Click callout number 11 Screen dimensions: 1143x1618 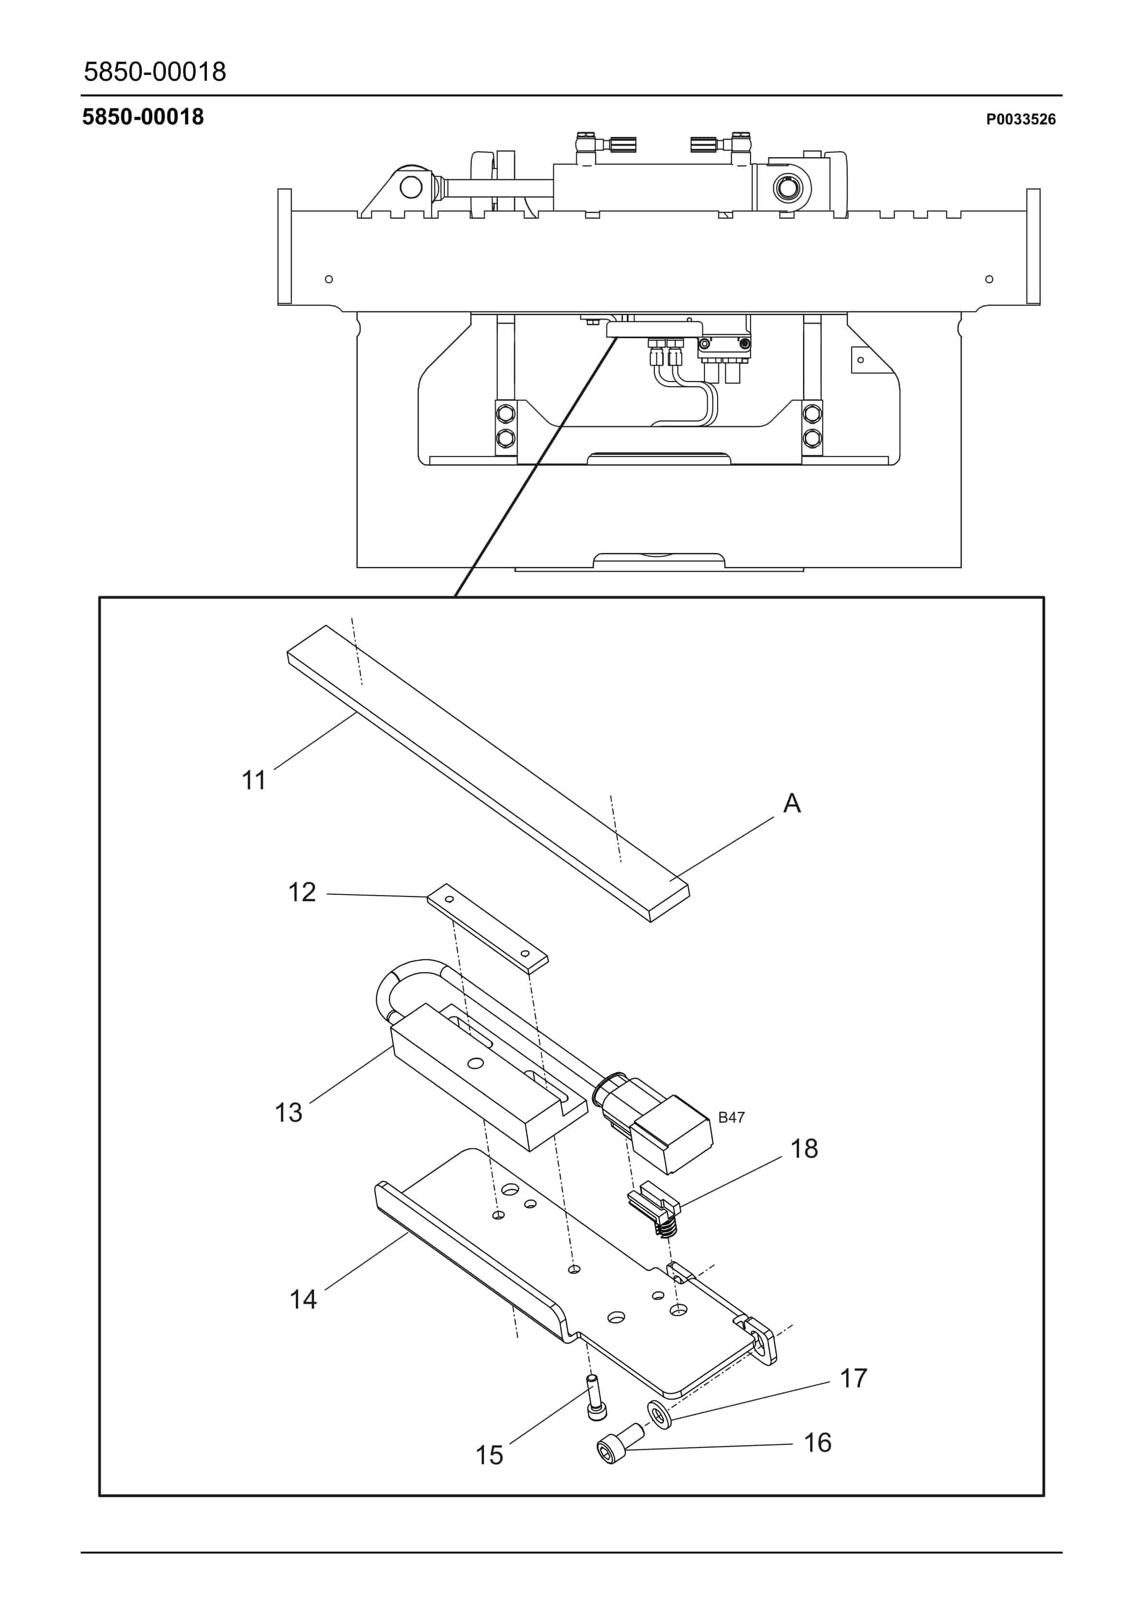click(x=254, y=781)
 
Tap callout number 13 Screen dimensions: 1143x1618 click(x=288, y=1112)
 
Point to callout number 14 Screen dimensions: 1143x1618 click(x=303, y=1299)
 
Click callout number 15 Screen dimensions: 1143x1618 click(x=489, y=1455)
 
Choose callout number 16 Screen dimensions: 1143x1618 click(x=817, y=1443)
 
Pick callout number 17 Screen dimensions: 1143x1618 click(x=853, y=1378)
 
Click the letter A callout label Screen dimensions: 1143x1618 click(x=792, y=803)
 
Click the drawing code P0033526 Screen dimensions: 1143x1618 click(x=1021, y=120)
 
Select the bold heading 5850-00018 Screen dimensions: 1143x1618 click(x=143, y=117)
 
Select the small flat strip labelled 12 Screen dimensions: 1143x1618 click(x=487, y=927)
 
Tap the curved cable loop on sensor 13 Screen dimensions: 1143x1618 click(x=405, y=987)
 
